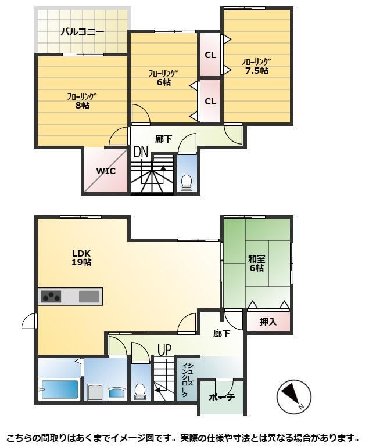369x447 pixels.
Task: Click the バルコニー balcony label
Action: pyautogui.click(x=83, y=31)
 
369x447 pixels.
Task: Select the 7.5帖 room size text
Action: pyautogui.click(x=257, y=70)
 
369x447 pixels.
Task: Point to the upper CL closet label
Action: pyautogui.click(x=210, y=55)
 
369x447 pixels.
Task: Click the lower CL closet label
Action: pyautogui.click(x=210, y=101)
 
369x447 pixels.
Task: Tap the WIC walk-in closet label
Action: pyautogui.click(x=106, y=171)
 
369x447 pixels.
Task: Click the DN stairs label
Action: pyautogui.click(x=141, y=152)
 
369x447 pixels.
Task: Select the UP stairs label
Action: pyautogui.click(x=165, y=350)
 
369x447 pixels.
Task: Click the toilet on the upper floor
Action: pyautogui.click(x=187, y=183)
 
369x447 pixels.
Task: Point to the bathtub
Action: pyautogui.click(x=60, y=389)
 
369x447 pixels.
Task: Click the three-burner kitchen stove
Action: pyautogui.click(x=51, y=296)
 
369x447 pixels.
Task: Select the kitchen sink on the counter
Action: pyautogui.click(x=89, y=297)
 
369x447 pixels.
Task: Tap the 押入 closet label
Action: pyautogui.click(x=268, y=322)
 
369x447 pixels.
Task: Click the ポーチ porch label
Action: pyautogui.click(x=222, y=397)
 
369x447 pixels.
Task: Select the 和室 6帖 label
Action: pyautogui.click(x=257, y=264)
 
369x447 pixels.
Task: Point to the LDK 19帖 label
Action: pyautogui.click(x=81, y=258)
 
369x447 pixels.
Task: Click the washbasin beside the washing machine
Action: pyautogui.click(x=116, y=393)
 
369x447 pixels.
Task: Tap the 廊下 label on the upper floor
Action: pyautogui.click(x=164, y=139)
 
